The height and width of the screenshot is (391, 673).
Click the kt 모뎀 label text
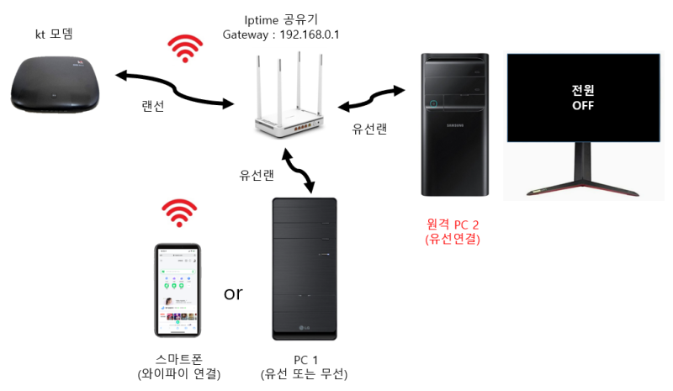pyautogui.click(x=54, y=34)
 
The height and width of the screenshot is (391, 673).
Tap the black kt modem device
pyautogui.click(x=55, y=84)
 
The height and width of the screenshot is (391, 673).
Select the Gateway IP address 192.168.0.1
pyautogui.click(x=310, y=34)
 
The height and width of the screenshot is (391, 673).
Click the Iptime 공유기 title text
pyautogui.click(x=281, y=19)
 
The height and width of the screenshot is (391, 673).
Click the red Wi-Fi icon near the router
pyautogui.click(x=185, y=49)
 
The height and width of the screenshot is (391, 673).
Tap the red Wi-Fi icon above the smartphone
pyautogui.click(x=179, y=213)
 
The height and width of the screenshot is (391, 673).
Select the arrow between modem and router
pyautogui.click(x=175, y=89)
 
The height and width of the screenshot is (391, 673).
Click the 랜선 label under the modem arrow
pyautogui.click(x=153, y=106)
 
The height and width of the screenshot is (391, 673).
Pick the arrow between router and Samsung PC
pyautogui.click(x=371, y=98)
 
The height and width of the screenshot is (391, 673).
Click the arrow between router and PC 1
pyautogui.click(x=299, y=172)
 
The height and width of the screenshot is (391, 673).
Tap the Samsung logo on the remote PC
pyautogui.click(x=455, y=125)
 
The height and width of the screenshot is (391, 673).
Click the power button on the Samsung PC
pyautogui.click(x=433, y=104)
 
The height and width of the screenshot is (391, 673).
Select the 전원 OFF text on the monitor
pyautogui.click(x=583, y=98)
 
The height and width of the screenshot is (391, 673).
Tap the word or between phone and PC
pyautogui.click(x=233, y=293)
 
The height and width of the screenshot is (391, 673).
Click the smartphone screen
pyautogui.click(x=178, y=290)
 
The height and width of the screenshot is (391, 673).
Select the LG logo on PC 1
pyautogui.click(x=305, y=328)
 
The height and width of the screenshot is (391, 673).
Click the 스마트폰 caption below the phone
pyautogui.click(x=178, y=359)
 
